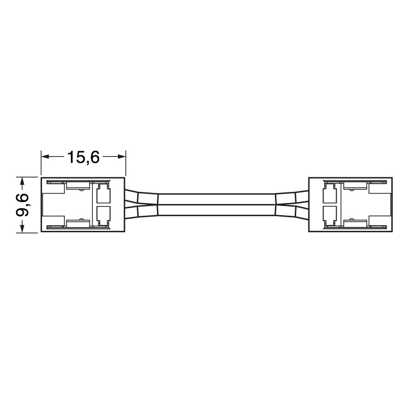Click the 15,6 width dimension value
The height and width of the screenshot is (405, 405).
click(83, 157)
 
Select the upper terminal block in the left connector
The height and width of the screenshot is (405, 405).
click(103, 194)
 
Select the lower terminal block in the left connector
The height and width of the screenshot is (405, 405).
click(103, 215)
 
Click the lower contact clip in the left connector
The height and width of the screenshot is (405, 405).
click(76, 222)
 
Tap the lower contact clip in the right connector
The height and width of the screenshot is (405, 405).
click(356, 222)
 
